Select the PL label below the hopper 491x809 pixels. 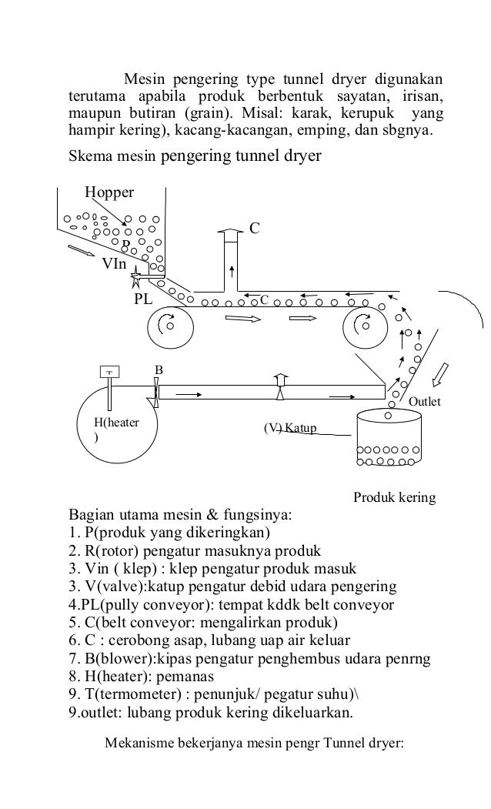(144, 299)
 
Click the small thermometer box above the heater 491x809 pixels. (110, 371)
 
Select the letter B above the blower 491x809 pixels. (159, 371)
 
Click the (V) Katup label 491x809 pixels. (290, 427)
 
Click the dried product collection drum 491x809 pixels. (389, 439)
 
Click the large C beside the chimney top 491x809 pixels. (255, 228)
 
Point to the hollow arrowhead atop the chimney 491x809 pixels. (230, 231)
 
